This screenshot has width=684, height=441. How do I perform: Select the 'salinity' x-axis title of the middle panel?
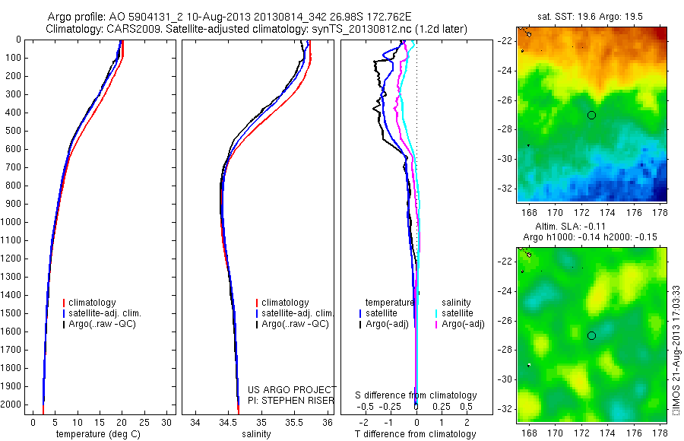click(x=256, y=435)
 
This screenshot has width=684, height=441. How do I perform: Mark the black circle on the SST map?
click(x=591, y=115)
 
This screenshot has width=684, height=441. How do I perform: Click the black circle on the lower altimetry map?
click(x=591, y=335)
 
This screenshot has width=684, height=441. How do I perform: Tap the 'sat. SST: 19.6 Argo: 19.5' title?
click(x=594, y=15)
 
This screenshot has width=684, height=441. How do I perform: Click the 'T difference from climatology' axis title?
click(x=415, y=435)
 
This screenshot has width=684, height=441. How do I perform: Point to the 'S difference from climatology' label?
click(x=416, y=395)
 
